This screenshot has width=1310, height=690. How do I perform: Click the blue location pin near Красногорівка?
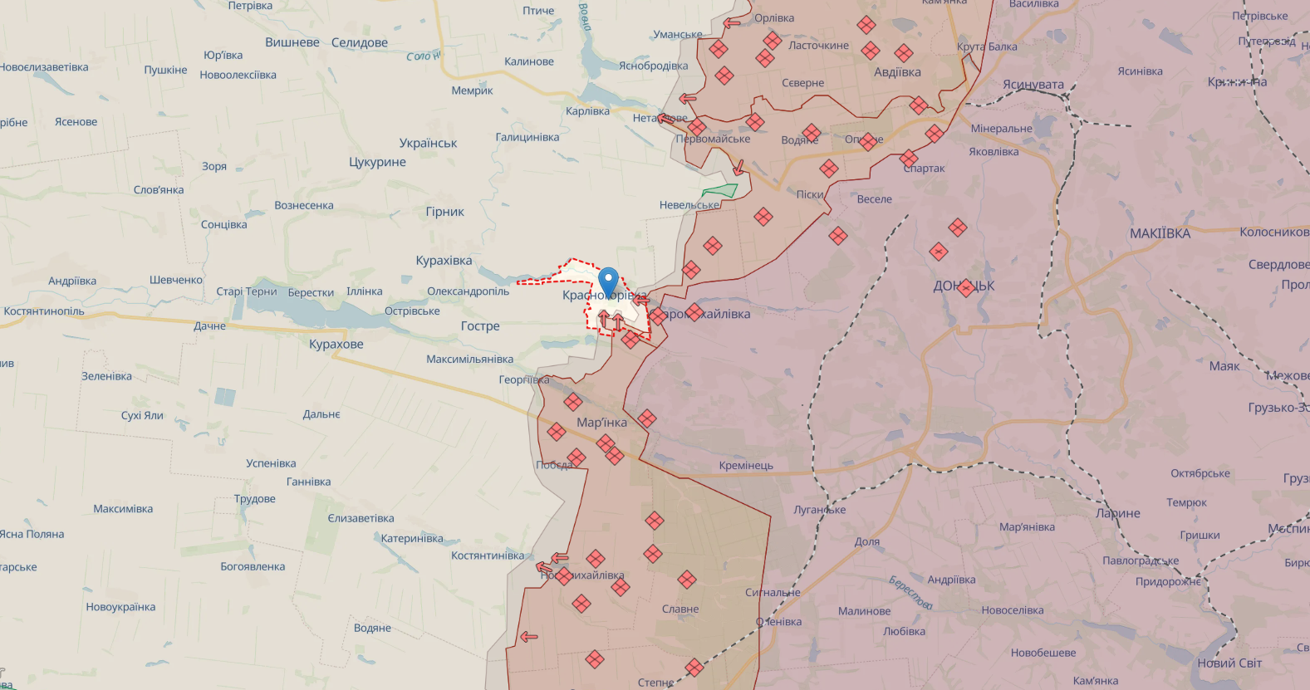tap(609, 281)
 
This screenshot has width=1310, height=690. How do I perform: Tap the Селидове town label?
tap(359, 42)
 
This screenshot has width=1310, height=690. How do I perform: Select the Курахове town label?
tap(336, 345)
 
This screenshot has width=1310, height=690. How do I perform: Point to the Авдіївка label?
tap(897, 72)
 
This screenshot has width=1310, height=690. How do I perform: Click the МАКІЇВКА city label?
tap(1160, 233)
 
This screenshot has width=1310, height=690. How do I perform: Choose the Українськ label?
tap(428, 143)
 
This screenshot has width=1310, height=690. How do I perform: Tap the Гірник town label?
tap(444, 212)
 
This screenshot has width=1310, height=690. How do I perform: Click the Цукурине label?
tap(377, 162)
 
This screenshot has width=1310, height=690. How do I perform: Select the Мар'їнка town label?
tap(601, 423)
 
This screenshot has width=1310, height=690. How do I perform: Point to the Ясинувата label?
tap(1033, 85)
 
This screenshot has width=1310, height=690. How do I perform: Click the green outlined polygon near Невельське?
tap(719, 191)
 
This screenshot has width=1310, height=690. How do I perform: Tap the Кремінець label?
tap(746, 466)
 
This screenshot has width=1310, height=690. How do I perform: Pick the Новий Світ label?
tap(1229, 663)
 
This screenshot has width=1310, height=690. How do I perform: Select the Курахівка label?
tap(444, 261)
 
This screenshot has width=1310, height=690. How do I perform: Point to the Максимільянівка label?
tap(469, 360)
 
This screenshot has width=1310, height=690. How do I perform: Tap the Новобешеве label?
tap(1043, 653)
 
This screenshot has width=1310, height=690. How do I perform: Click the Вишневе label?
tap(292, 42)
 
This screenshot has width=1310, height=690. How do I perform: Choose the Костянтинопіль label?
tap(44, 311)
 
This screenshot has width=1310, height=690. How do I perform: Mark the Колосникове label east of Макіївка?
tap(1273, 232)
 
